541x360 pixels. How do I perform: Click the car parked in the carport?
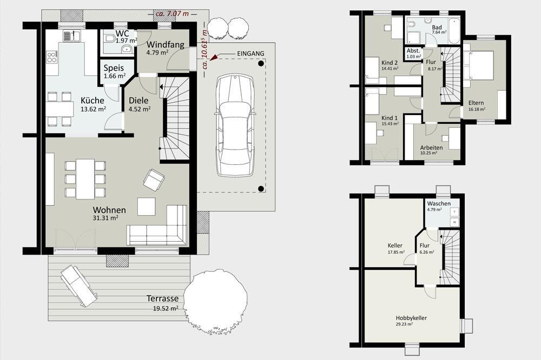[x=235, y=126]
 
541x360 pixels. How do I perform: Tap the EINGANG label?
[x=250, y=54]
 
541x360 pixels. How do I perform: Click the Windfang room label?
[x=165, y=45]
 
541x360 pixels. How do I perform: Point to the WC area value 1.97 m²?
[x=126, y=41]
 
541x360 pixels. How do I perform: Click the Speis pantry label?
[x=114, y=68]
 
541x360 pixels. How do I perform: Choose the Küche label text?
[x=93, y=101]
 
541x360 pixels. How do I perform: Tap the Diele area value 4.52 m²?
[x=140, y=109]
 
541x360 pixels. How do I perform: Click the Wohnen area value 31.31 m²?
[x=106, y=218]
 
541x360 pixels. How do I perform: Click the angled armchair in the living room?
[x=154, y=179]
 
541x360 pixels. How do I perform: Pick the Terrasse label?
[x=162, y=298]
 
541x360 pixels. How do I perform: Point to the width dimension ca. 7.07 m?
[x=173, y=14]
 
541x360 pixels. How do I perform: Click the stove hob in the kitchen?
[x=52, y=57]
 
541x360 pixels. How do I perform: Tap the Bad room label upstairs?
[x=437, y=28]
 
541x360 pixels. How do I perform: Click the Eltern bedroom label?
[x=476, y=103]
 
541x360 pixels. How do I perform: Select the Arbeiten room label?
[x=431, y=148]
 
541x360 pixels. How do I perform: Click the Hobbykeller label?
[x=411, y=318]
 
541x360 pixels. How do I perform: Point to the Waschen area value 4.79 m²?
[x=434, y=209]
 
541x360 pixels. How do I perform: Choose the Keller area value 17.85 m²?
[x=396, y=252]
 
